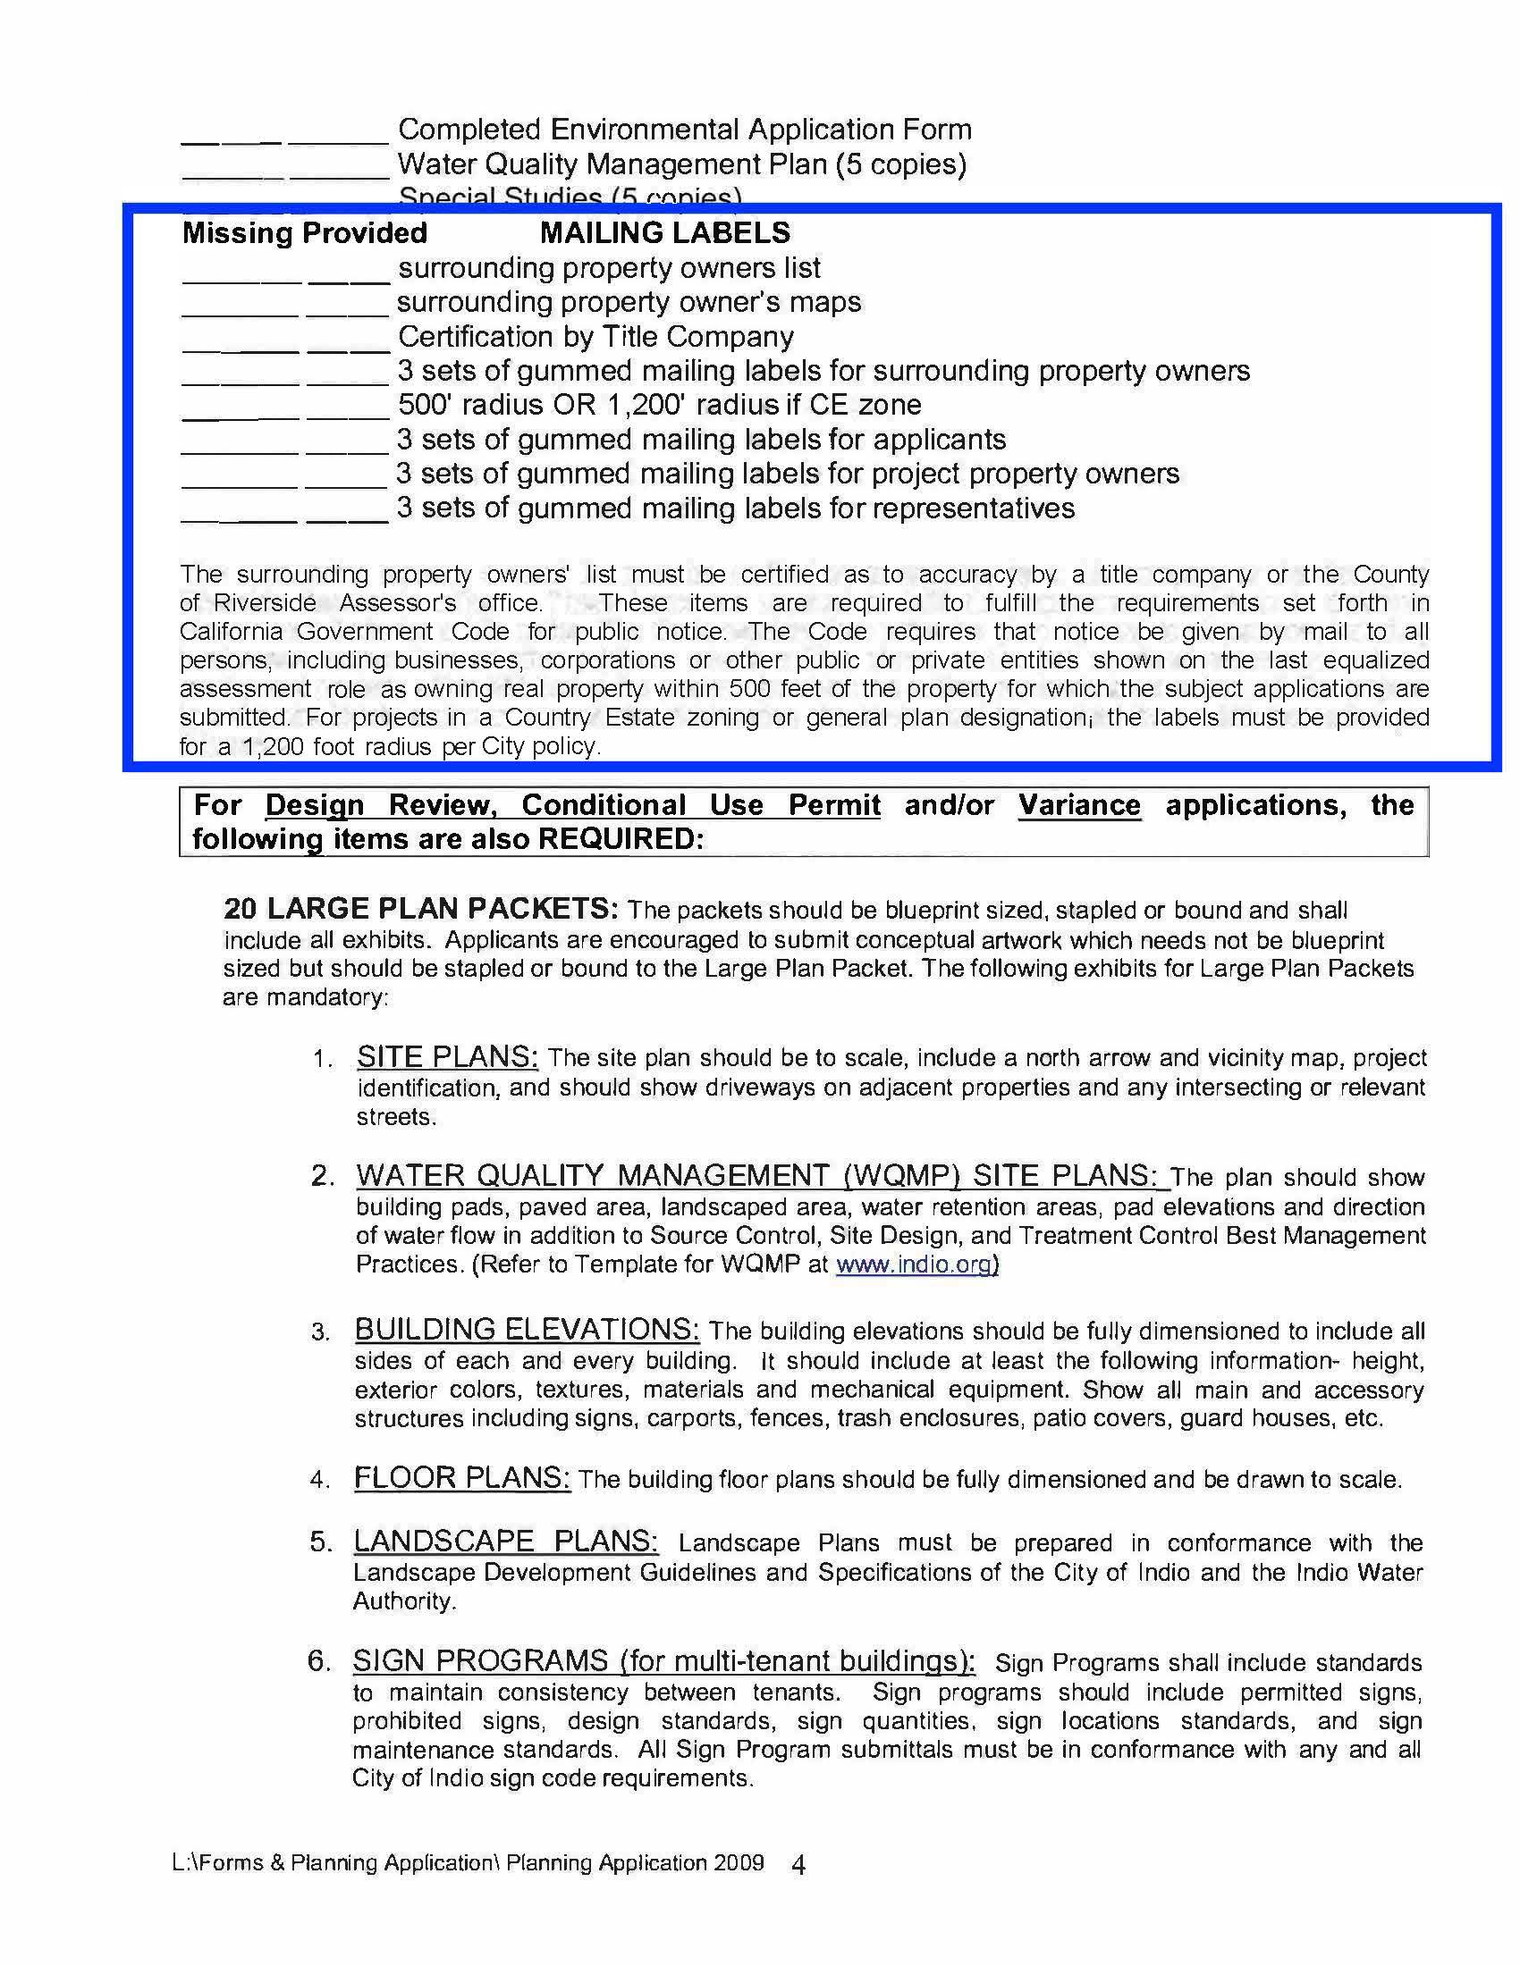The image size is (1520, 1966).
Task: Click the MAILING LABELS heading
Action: tap(664, 233)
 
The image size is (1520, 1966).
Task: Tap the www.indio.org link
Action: tap(916, 1264)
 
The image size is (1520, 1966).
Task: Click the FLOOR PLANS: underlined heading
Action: tap(461, 1477)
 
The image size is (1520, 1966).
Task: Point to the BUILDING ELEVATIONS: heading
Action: tap(527, 1329)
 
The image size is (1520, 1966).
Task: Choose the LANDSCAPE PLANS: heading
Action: tap(505, 1541)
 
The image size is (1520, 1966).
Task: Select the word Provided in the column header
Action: tap(365, 233)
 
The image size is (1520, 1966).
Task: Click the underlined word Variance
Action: tap(1079, 805)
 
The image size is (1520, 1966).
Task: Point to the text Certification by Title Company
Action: tap(595, 337)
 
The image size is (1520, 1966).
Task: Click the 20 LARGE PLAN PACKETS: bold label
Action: tap(420, 908)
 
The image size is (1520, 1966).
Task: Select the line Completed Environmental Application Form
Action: tap(684, 130)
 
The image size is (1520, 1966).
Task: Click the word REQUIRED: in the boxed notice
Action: tap(621, 839)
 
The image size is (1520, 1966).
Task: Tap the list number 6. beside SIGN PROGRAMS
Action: tap(320, 1661)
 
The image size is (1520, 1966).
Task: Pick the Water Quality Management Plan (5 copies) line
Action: tap(681, 164)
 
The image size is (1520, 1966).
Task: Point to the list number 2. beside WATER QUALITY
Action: tap(323, 1177)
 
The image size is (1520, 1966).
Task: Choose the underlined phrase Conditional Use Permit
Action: tap(701, 805)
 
